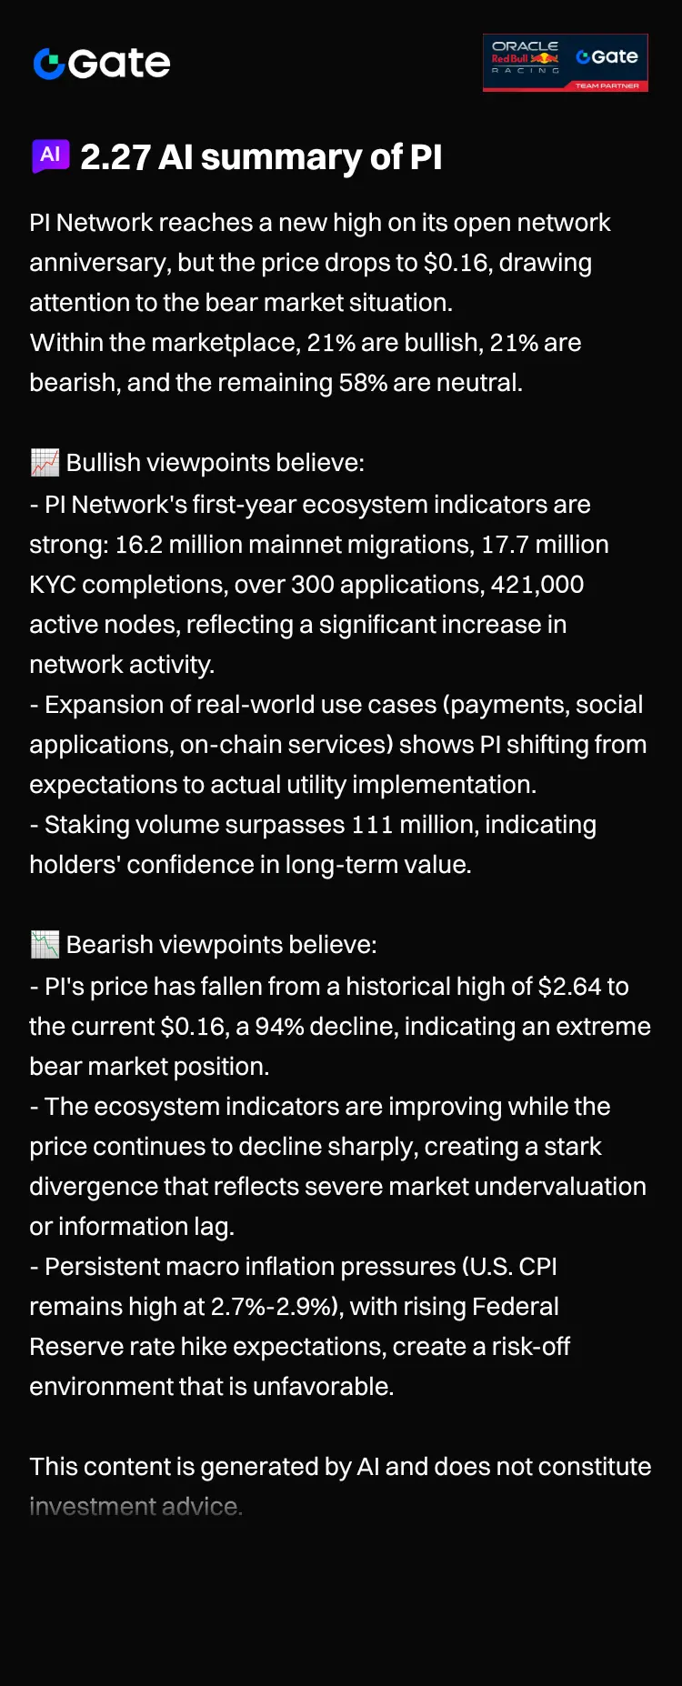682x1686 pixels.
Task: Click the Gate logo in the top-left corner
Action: [x=101, y=63]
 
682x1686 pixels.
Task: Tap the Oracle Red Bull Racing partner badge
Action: [x=565, y=63]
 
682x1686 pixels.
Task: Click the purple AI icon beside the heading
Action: [x=50, y=156]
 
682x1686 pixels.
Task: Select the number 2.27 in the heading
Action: [x=115, y=157]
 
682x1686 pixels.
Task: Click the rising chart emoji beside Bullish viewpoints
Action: [x=45, y=463]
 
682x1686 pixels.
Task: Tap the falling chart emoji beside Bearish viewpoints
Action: [x=45, y=945]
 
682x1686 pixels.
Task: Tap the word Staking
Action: [x=86, y=825]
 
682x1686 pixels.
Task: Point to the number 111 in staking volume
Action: [x=371, y=825]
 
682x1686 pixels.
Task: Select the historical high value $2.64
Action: [x=570, y=987]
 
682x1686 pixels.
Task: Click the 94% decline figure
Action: [x=279, y=1027]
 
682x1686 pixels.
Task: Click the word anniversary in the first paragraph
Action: [x=99, y=263]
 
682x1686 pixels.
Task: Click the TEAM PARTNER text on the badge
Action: [x=607, y=85]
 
